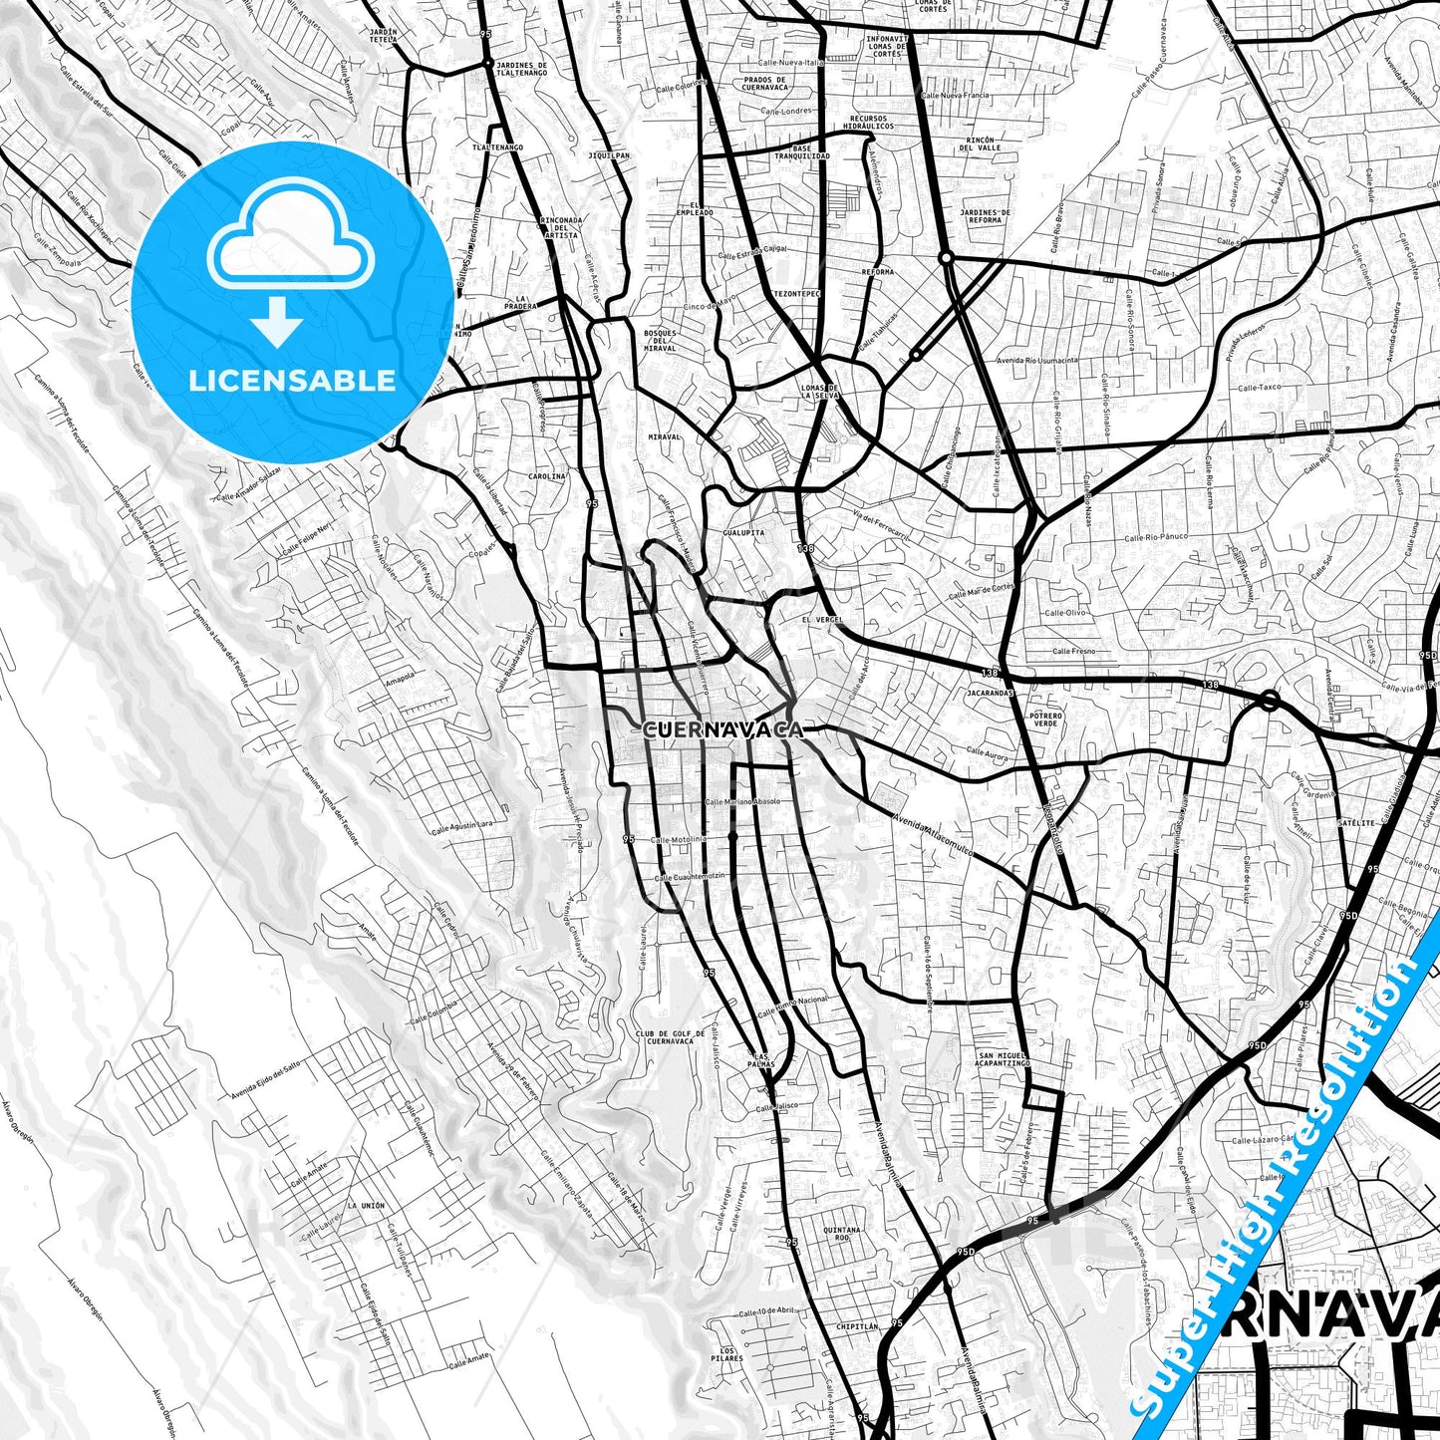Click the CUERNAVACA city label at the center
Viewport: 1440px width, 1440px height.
[722, 730]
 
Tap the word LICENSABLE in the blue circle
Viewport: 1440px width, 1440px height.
[292, 380]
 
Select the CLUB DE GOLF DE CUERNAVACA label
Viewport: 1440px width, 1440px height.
[670, 1038]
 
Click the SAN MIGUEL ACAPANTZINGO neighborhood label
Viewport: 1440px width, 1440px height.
[1004, 1059]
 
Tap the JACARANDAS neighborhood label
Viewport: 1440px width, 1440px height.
[990, 692]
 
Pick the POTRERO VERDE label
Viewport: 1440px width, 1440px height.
[1046, 720]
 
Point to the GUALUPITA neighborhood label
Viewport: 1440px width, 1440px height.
[743, 533]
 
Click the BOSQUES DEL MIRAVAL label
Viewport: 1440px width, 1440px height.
[660, 341]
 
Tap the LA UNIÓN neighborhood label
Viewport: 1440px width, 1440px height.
[367, 1206]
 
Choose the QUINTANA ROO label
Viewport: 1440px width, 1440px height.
[842, 1234]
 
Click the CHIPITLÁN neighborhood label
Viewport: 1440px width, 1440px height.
[856, 1327]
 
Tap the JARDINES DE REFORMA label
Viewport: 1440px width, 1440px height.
[985, 216]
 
